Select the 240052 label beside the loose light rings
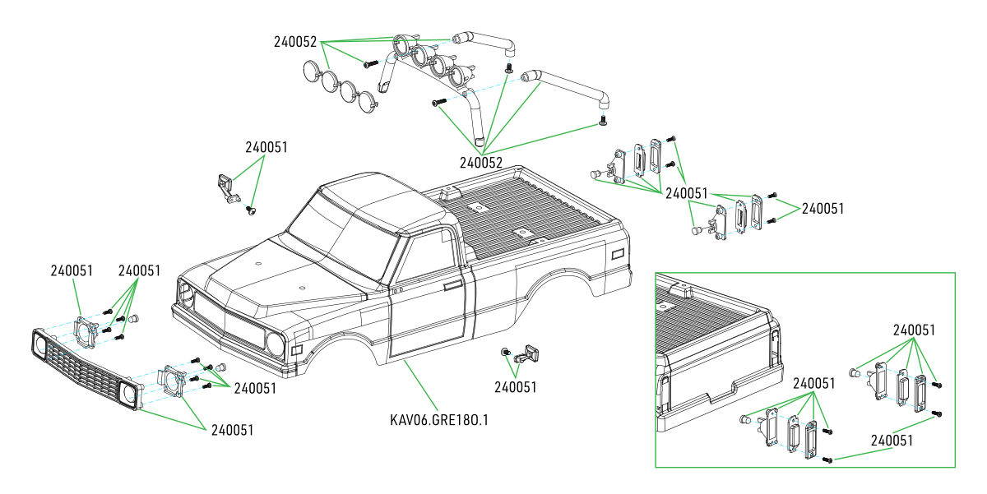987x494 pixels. [x=294, y=42]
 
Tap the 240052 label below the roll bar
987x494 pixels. [x=481, y=162]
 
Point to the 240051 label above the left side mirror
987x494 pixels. [x=266, y=148]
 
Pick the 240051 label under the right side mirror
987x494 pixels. [x=516, y=387]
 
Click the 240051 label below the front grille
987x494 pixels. [x=232, y=430]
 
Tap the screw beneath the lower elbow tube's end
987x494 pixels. [x=602, y=122]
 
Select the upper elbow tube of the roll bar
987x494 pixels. [x=485, y=40]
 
